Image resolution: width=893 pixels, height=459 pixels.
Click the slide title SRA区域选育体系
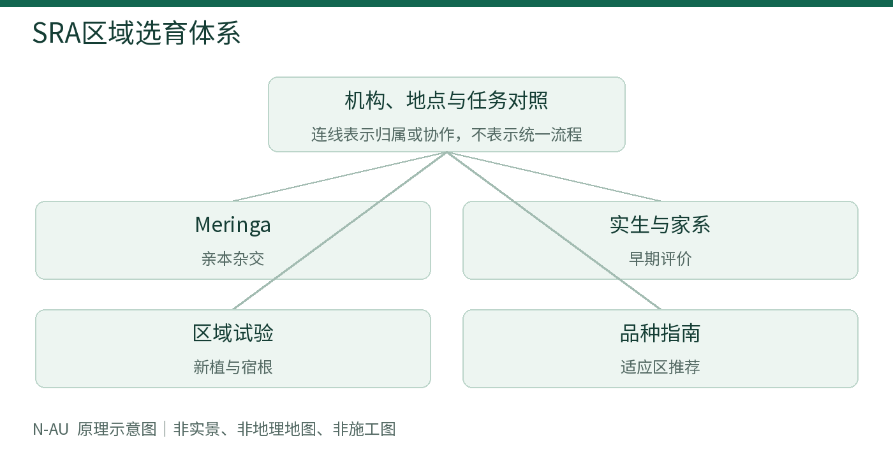(x=137, y=33)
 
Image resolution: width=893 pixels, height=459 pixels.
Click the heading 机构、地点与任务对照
(x=447, y=101)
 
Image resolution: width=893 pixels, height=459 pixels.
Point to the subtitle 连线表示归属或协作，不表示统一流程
(x=447, y=135)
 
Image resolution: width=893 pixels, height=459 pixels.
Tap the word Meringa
(x=233, y=225)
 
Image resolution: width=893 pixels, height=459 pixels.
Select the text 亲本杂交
(x=233, y=259)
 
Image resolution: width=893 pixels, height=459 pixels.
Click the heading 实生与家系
(x=660, y=224)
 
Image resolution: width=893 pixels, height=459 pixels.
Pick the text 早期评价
(x=660, y=259)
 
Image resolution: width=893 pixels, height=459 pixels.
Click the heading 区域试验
(x=233, y=333)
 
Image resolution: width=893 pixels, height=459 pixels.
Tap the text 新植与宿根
(x=233, y=367)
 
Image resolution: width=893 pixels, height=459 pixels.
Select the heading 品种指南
(x=660, y=333)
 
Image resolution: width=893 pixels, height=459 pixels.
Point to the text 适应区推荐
(x=660, y=367)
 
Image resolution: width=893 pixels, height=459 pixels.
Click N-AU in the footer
(x=50, y=430)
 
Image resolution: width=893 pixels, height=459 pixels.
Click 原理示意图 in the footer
(x=117, y=430)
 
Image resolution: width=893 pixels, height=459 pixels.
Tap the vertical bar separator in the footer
(x=165, y=430)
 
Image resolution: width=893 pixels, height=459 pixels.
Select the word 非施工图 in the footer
(x=364, y=430)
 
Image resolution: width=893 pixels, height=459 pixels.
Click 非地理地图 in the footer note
(x=277, y=430)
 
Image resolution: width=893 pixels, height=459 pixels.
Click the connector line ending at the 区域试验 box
(x=339, y=231)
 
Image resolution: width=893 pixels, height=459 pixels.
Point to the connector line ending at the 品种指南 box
(x=554, y=231)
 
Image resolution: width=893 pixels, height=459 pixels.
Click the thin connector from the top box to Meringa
(x=339, y=177)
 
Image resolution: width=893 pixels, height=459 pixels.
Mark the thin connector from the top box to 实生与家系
(x=554, y=177)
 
